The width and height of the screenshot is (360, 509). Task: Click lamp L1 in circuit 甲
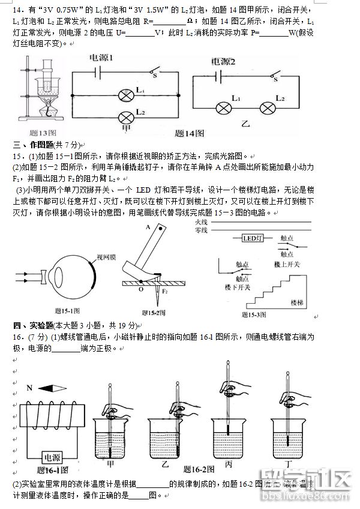point(127,95)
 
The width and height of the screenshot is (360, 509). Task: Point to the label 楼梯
point(299,302)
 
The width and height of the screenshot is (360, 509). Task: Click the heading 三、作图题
point(33,145)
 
